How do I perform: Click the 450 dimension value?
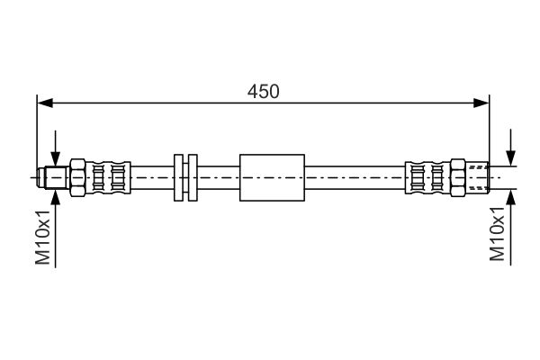[x=264, y=91]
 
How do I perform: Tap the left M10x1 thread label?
[x=43, y=237]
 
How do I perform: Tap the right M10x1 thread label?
[x=498, y=233]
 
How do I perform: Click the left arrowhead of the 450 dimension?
[x=45, y=103]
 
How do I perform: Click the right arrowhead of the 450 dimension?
[x=481, y=103]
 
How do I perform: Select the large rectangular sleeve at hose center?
[x=272, y=178]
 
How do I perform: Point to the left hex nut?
[x=77, y=178]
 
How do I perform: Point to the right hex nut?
[x=458, y=178]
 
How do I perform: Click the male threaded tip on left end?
[x=53, y=178]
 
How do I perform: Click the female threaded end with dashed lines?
[x=478, y=178]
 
